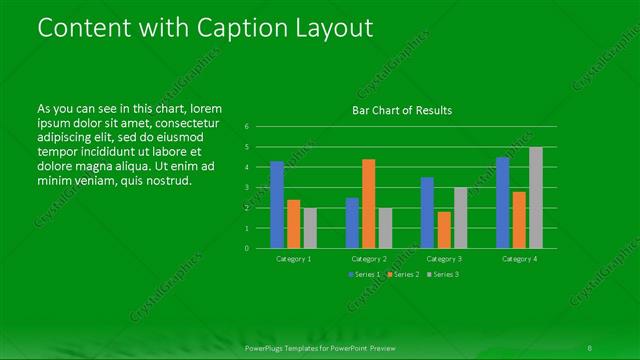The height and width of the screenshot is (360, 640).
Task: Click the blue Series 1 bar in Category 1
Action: pyautogui.click(x=277, y=205)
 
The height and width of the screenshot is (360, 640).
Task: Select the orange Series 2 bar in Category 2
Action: pyautogui.click(x=369, y=204)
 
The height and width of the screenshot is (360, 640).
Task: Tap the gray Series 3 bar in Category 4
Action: pyautogui.click(x=536, y=198)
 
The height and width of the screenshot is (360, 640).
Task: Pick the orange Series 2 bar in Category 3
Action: pyautogui.click(x=444, y=230)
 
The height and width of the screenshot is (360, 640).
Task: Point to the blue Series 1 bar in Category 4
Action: pyautogui.click(x=502, y=203)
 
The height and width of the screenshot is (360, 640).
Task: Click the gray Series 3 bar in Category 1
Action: pyautogui.click(x=310, y=228)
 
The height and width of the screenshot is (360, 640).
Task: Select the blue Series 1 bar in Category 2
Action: pyautogui.click(x=352, y=223)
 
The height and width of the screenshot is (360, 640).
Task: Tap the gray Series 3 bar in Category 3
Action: pyautogui.click(x=461, y=218)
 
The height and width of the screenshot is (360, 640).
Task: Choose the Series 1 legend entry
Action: pyautogui.click(x=364, y=274)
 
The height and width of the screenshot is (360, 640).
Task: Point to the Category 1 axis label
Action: pyautogui.click(x=293, y=258)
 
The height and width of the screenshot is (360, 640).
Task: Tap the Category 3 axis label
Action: pyautogui.click(x=444, y=258)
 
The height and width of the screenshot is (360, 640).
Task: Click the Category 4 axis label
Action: pyautogui.click(x=519, y=258)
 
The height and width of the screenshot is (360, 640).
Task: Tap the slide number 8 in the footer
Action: pyautogui.click(x=591, y=349)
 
